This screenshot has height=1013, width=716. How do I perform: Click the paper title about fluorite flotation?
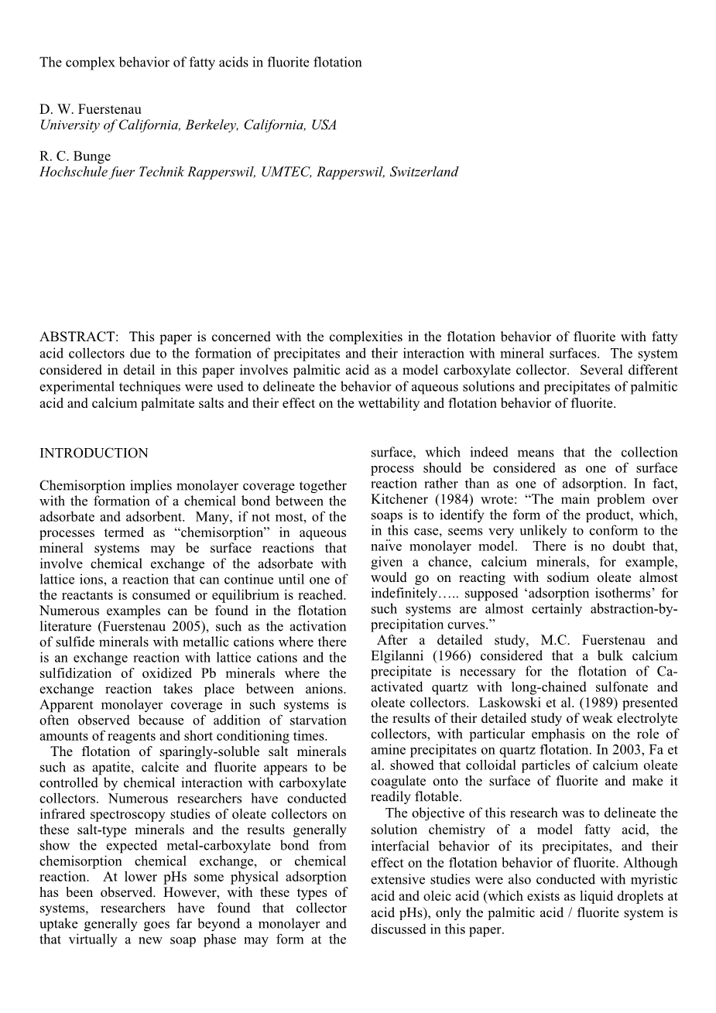tap(200, 63)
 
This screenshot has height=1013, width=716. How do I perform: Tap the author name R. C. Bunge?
tap(75, 156)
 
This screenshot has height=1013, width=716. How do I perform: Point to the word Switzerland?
tap(424, 172)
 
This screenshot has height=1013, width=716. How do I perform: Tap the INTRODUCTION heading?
tap(94, 453)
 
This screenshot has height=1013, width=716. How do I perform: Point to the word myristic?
tap(652, 880)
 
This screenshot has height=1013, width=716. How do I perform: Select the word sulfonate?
tap(591, 687)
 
